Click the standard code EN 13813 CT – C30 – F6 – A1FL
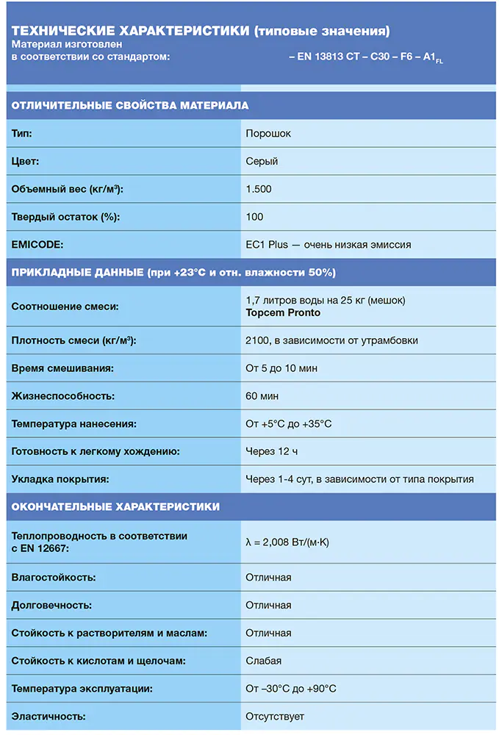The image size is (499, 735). point(366,57)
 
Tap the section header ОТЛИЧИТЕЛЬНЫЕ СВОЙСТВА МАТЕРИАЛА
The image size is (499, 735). point(130,105)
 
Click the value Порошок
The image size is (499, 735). point(268,134)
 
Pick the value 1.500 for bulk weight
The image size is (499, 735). point(259,189)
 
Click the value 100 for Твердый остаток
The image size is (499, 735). point(254,217)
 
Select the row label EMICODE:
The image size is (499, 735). point(38,245)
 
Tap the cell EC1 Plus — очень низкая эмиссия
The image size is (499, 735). point(328,245)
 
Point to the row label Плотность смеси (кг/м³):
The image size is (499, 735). point(74,340)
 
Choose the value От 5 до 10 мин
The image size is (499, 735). point(281,368)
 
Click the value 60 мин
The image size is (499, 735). point(262,396)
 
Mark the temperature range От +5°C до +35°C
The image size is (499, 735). point(289,424)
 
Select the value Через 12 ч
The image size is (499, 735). point(272,451)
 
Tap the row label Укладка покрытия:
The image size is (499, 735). point(60,479)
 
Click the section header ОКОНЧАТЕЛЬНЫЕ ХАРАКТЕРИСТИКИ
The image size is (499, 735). point(115,507)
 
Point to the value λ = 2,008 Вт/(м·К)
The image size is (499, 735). point(287,543)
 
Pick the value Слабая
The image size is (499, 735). point(263,661)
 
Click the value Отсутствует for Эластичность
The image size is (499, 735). point(275,717)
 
